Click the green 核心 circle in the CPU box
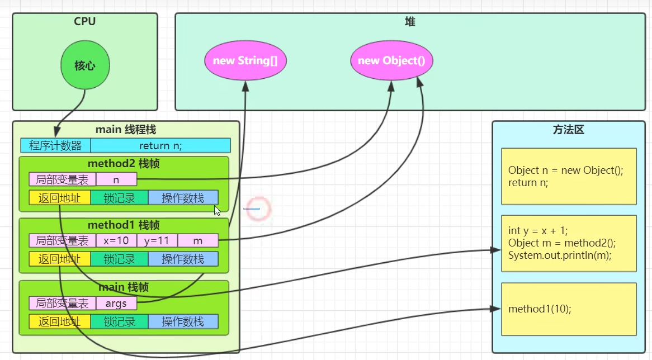[85, 66]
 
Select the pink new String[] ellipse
[245, 60]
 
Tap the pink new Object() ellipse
[392, 60]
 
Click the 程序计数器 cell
[55, 145]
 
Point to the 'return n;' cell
[160, 145]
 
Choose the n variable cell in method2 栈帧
[116, 179]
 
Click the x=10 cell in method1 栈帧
[116, 241]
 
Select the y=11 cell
[157, 241]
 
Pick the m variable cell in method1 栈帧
[198, 241]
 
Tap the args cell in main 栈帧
[116, 304]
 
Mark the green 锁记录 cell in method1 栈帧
[119, 259]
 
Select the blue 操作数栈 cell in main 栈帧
[183, 322]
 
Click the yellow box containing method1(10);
[569, 309]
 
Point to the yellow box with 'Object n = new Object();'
[569, 177]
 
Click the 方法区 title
[568, 130]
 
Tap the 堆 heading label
[410, 22]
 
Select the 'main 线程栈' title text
[126, 130]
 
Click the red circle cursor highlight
[258, 209]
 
